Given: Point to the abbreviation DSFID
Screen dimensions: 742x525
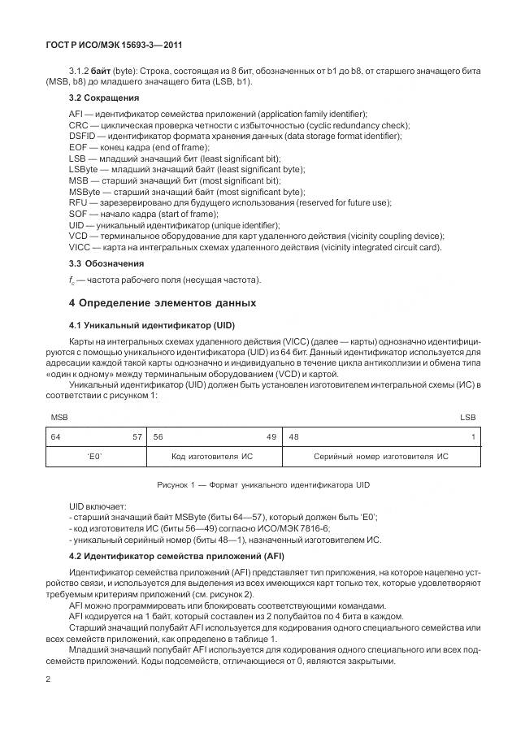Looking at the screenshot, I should point(83,136).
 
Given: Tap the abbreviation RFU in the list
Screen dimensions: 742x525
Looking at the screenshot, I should point(79,202).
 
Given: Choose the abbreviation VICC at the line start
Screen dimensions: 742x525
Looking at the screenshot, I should point(80,246).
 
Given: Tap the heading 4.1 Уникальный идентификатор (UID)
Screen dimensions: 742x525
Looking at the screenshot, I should point(145,325).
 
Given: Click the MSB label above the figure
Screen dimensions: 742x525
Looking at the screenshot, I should point(59,416).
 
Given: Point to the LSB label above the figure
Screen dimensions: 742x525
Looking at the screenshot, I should point(468,416).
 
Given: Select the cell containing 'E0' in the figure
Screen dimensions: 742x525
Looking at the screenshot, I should point(95,457).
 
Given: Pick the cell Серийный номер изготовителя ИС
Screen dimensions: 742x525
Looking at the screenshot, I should point(380,457).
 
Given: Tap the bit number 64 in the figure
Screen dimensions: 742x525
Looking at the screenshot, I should point(56,436).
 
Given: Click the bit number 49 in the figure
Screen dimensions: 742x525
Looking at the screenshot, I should point(271,436).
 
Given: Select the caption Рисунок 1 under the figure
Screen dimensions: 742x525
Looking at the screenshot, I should point(262,485).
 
